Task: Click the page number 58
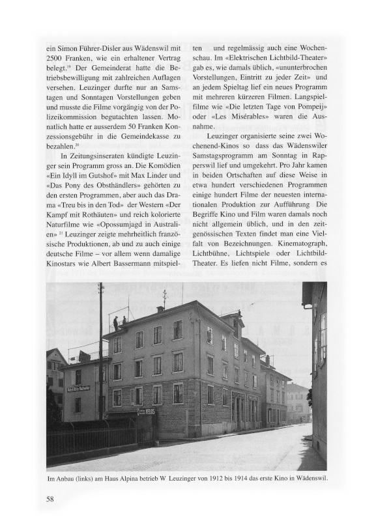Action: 50,499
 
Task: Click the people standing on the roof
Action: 119,321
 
